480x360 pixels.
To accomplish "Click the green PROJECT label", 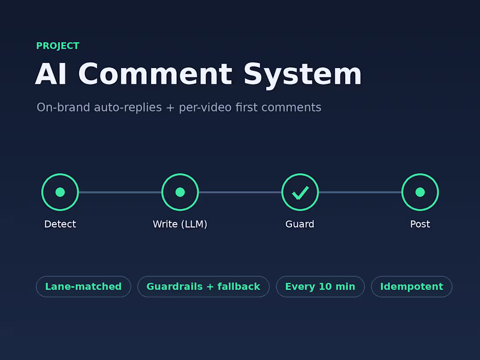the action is tap(58, 46).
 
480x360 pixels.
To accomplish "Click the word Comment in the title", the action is tap(155, 74).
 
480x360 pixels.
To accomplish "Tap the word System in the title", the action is tap(302, 75).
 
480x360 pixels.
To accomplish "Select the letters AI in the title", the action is tap(51, 74).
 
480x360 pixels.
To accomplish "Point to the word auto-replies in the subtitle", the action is tap(128, 107).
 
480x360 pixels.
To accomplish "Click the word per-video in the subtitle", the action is tap(205, 108).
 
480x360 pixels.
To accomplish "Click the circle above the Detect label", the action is tap(60, 174).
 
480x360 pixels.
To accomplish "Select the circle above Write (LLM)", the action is tap(180, 174).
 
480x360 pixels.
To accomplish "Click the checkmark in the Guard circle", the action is tap(300, 193).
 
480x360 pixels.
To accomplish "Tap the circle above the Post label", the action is tap(420, 174).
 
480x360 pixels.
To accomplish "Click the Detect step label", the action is tap(60, 224).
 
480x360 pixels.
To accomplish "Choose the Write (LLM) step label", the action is tap(180, 224).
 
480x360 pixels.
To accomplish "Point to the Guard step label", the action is tap(300, 224).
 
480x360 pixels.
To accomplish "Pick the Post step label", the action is tap(420, 224).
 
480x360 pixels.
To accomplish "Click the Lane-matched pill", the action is tap(84, 287).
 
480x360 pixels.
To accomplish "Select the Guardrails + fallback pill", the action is tap(203, 287).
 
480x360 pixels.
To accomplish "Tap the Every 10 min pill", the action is tap(320, 287).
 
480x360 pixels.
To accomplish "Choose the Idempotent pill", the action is tap(411, 287).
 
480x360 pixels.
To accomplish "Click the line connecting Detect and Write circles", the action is tap(120, 192).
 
